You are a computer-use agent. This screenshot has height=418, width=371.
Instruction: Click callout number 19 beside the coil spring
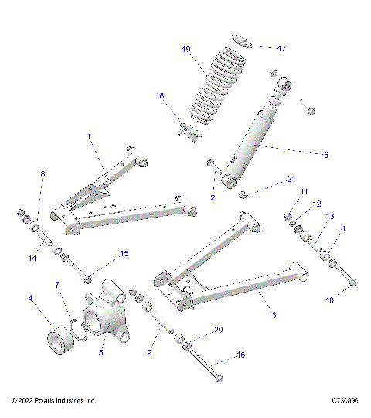tap(186, 50)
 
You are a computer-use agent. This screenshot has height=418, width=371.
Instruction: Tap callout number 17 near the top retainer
tap(281, 48)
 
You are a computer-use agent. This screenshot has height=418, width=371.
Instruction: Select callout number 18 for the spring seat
tap(160, 96)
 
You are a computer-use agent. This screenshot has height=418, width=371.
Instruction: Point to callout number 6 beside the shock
tap(325, 155)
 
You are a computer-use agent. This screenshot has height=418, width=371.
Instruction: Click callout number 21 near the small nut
tap(291, 180)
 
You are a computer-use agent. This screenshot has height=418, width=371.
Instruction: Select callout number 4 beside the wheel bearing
tap(30, 297)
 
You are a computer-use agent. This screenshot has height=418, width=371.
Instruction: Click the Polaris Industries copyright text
tap(53, 400)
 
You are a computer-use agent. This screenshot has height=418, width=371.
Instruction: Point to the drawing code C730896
tap(344, 400)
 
